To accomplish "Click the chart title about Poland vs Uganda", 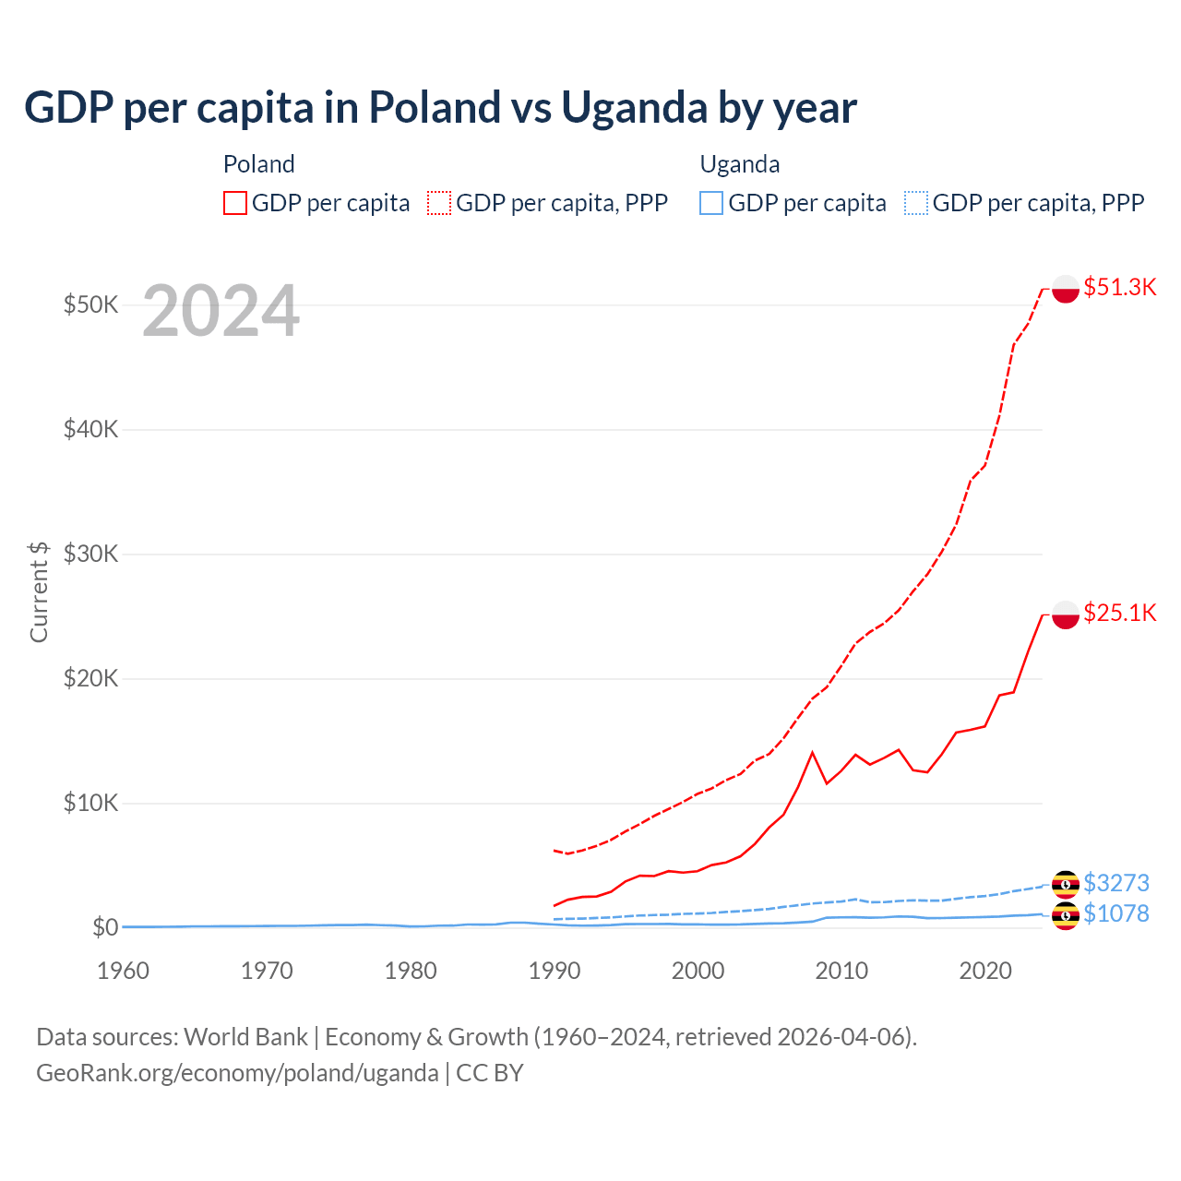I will [440, 108].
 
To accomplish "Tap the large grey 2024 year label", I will [221, 312].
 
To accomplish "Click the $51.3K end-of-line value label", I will [1119, 287].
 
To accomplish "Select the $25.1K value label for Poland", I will [1119, 613].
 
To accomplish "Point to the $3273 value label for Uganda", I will [1115, 883].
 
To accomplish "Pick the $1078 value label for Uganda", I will [1115, 913].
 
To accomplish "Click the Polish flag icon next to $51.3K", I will [1066, 288].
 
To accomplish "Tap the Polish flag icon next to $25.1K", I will [1066, 614].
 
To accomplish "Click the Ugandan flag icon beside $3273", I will [1066, 884].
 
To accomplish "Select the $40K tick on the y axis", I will [90, 429].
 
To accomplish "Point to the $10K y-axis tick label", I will [90, 803].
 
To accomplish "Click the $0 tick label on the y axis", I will [105, 927].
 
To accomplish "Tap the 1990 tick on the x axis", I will [555, 971].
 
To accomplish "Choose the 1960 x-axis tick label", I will [123, 971].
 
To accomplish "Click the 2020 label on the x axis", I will [985, 971].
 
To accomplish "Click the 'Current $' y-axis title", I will [39, 591].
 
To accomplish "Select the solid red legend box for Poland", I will [235, 203].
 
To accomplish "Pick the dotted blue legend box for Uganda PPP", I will [916, 203].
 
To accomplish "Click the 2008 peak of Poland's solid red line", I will [812, 753].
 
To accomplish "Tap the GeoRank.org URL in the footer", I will [237, 1073].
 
